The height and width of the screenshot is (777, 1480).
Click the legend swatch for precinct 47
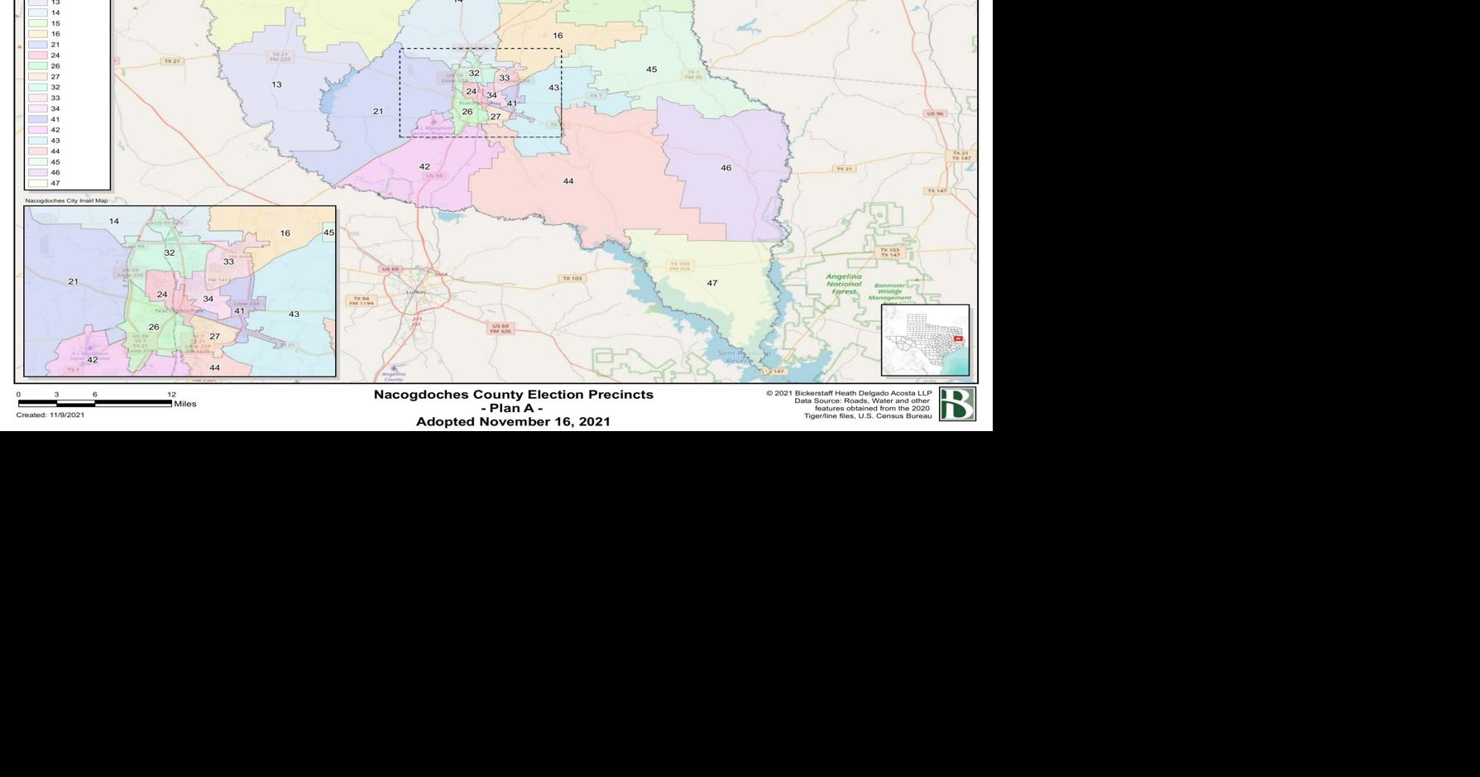click(37, 184)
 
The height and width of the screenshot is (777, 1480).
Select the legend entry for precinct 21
click(55, 45)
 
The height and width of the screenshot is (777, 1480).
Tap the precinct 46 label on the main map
click(726, 168)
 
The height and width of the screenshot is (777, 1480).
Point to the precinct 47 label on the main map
click(711, 283)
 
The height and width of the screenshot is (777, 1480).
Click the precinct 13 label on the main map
click(276, 84)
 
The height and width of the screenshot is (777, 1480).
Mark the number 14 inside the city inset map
click(114, 221)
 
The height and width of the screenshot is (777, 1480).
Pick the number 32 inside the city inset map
click(170, 252)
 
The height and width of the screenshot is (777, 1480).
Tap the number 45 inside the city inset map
click(328, 233)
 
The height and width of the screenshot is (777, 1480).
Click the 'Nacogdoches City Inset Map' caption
click(66, 200)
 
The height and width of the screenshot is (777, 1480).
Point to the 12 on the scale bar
click(171, 395)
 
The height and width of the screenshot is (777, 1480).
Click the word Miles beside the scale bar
click(185, 404)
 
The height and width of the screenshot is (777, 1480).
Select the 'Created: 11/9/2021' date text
click(50, 415)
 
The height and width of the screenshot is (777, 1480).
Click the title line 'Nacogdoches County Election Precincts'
click(513, 395)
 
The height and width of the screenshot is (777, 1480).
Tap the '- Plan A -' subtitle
click(512, 408)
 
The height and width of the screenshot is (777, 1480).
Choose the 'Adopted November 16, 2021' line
click(513, 421)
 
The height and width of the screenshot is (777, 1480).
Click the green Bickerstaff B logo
click(957, 404)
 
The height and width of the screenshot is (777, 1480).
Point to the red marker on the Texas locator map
click(958, 338)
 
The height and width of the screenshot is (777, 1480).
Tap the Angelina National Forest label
click(844, 284)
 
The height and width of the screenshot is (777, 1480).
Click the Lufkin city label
click(415, 291)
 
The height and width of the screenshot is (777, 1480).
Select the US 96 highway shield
click(935, 113)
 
